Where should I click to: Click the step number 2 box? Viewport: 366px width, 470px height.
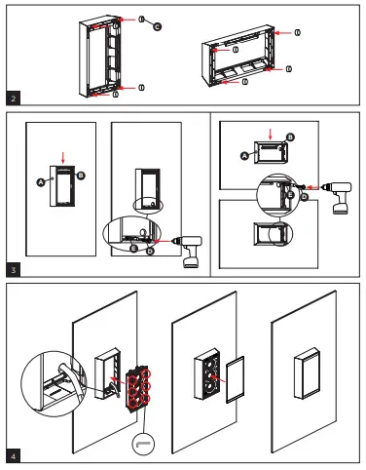[11, 98]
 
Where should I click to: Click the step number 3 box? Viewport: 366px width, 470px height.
[11, 269]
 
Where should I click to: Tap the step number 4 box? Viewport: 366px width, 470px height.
[11, 455]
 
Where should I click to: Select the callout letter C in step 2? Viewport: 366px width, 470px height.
[157, 27]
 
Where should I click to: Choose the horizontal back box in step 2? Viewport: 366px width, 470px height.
[244, 59]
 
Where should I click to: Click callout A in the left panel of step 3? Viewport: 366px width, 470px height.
[41, 180]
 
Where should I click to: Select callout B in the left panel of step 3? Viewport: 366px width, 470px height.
[81, 176]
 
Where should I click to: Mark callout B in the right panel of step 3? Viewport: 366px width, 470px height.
[290, 137]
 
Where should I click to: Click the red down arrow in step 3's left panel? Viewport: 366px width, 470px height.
[61, 156]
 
